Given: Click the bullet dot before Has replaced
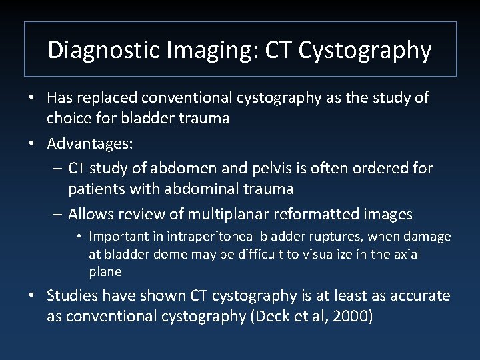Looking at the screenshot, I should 32,98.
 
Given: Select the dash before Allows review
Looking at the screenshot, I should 56,215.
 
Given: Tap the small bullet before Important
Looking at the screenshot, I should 79,237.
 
